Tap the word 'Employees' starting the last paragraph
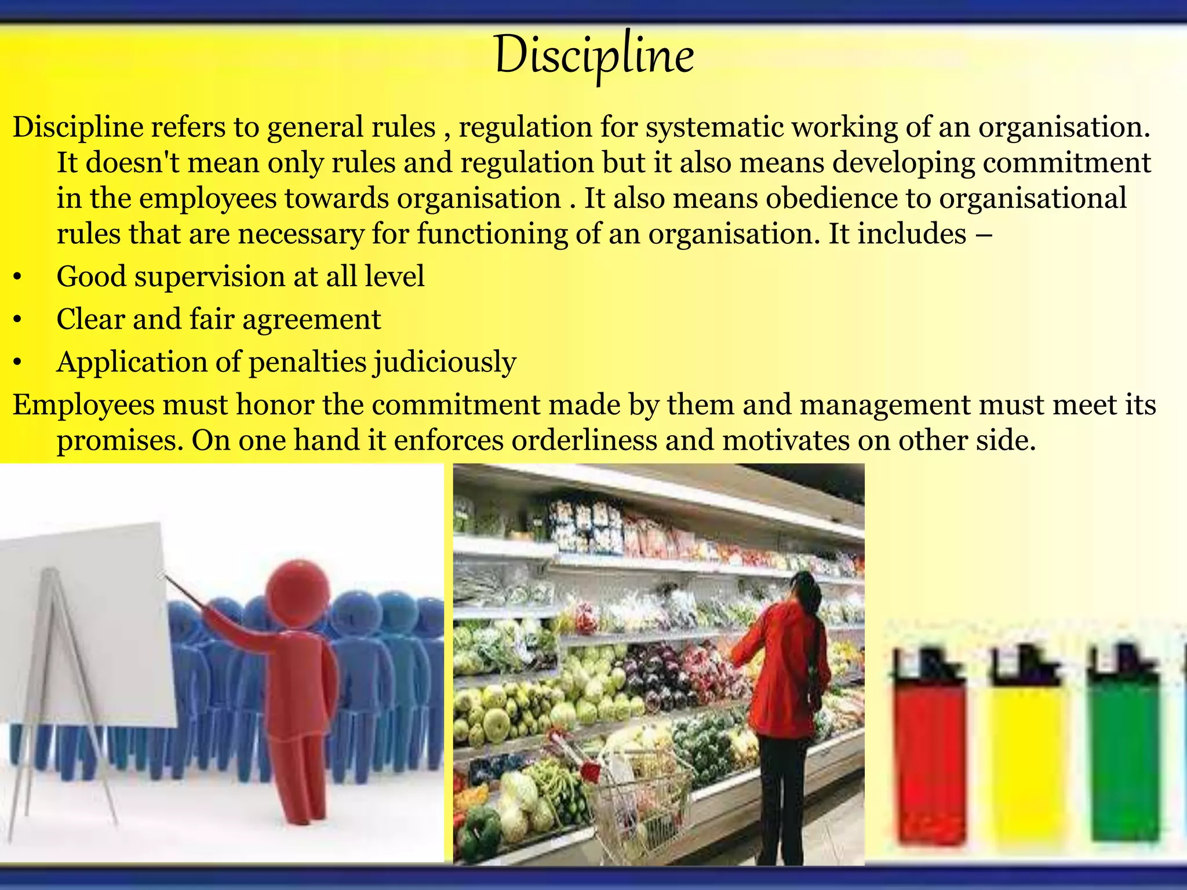[83, 405]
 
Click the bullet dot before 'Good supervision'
[17, 278]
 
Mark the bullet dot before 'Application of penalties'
[17, 363]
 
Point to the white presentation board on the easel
[87, 626]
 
